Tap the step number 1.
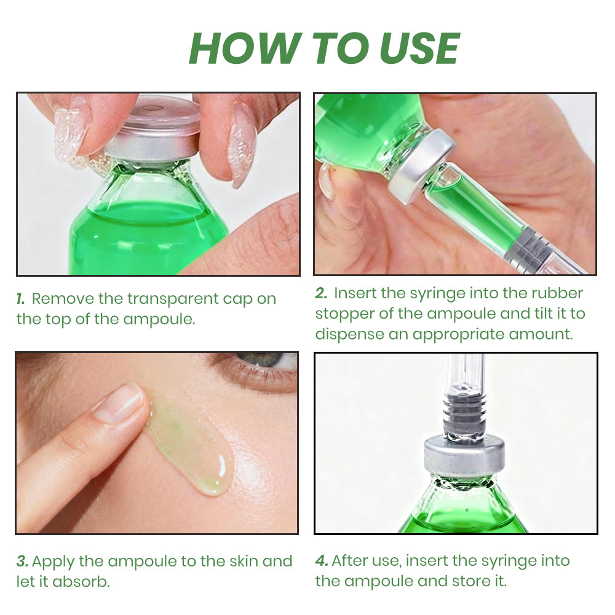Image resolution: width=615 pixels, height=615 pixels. click(21, 299)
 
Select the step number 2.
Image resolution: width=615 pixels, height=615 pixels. click(321, 293)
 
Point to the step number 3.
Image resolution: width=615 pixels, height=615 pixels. click(22, 561)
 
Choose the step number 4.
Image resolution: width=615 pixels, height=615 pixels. click(321, 560)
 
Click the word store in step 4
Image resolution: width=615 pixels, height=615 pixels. click(467, 581)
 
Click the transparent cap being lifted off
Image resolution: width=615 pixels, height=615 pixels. click(157, 114)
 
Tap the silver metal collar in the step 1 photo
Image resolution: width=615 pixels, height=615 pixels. click(151, 149)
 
